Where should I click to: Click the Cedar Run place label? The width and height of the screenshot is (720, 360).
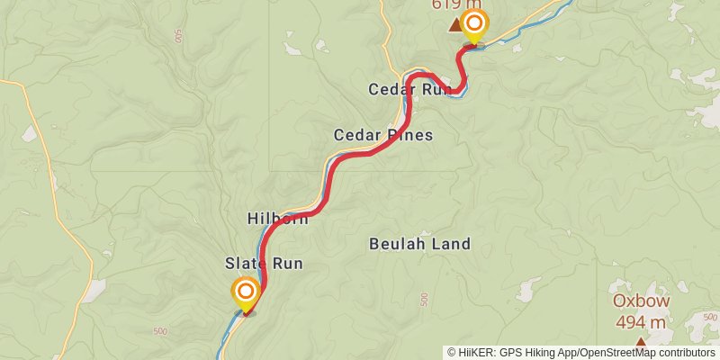409,89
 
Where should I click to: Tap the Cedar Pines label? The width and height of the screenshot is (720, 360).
382,135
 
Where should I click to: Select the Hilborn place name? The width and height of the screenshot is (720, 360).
277,218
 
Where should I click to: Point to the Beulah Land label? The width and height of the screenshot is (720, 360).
419,243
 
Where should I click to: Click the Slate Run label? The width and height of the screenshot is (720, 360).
263,264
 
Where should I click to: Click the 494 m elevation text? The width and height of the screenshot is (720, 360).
640,322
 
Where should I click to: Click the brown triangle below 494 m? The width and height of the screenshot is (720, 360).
640,342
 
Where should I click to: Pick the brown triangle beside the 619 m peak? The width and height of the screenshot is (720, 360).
454,27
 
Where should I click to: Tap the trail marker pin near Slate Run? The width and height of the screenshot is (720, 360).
245,292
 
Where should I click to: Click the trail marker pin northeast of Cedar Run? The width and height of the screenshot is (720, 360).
472,24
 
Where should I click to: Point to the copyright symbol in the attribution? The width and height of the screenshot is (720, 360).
452,353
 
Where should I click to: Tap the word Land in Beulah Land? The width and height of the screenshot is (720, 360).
449,243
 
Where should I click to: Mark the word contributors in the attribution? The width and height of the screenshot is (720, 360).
684,353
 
